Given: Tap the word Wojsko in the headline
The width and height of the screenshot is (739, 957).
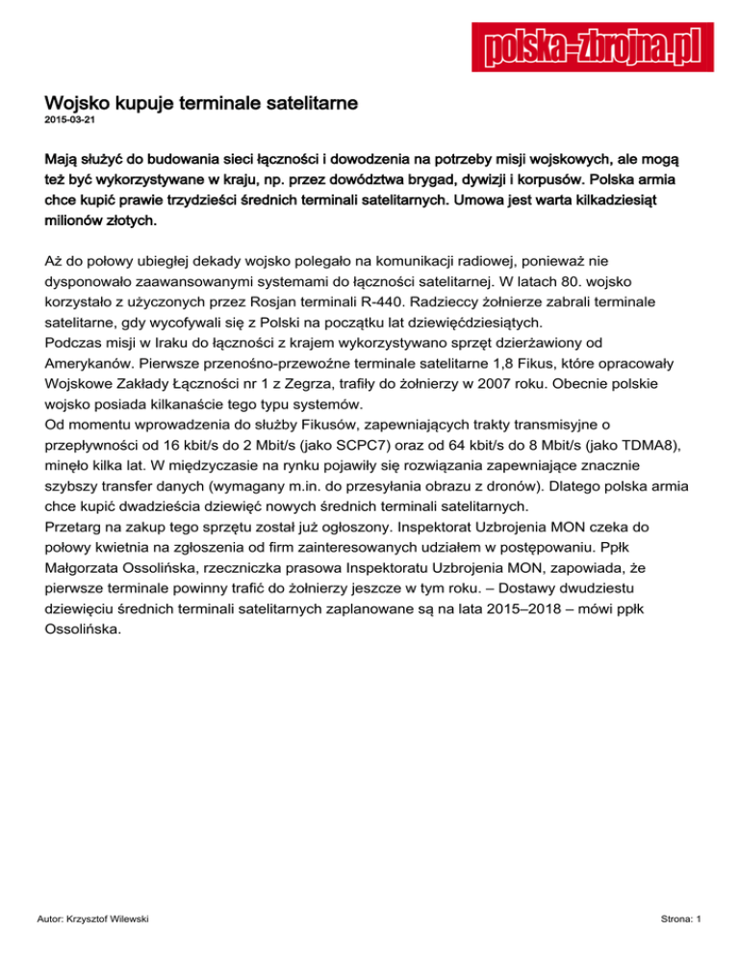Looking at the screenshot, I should pos(80,101).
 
